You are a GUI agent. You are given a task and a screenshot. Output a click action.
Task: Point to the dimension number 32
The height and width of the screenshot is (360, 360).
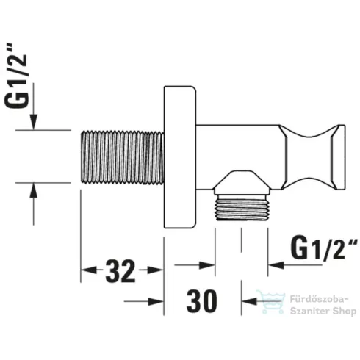[x=120, y=272]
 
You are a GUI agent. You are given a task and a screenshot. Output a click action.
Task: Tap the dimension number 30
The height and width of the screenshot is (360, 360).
[x=203, y=301]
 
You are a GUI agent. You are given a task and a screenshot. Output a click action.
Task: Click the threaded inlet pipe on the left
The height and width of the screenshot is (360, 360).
[x=120, y=156]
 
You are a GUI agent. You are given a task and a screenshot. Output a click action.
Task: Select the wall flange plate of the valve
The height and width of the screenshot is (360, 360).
[x=179, y=156]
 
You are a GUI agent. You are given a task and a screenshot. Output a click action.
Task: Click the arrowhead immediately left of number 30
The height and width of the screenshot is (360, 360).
[x=156, y=301]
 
